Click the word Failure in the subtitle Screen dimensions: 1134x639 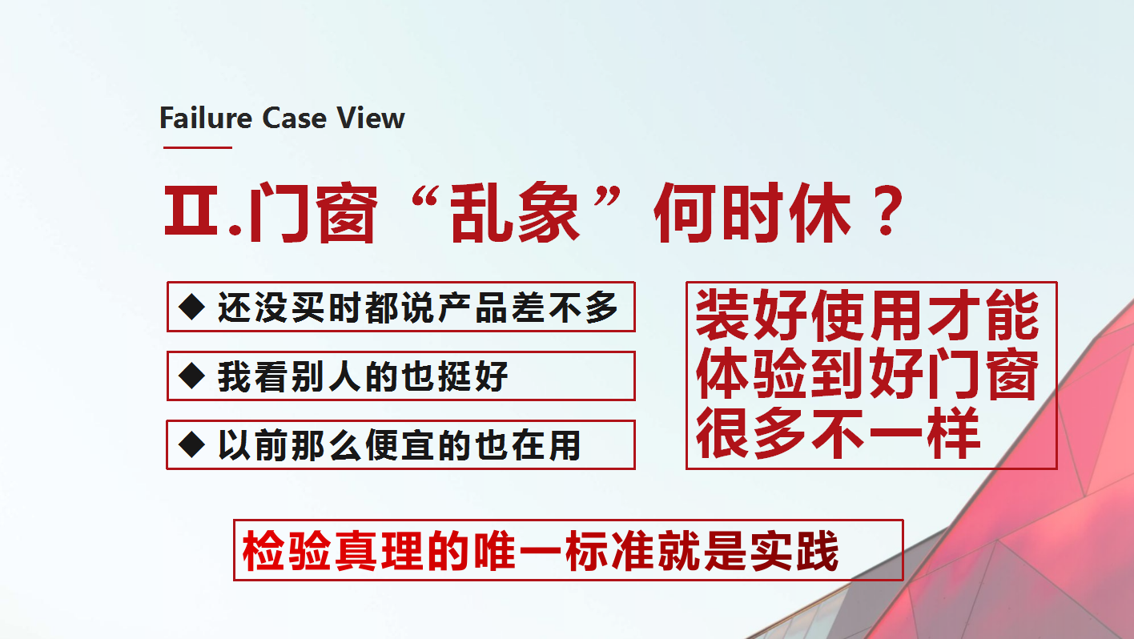(206, 118)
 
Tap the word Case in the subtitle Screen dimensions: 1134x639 (294, 118)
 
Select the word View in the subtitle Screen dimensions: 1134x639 (371, 118)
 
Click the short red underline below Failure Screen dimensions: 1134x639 (198, 147)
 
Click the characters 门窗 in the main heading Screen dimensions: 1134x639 (312, 213)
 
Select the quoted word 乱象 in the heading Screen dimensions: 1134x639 (515, 213)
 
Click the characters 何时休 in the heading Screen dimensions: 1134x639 (752, 213)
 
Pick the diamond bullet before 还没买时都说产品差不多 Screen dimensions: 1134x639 (192, 307)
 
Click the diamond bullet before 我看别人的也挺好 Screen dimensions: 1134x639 (192, 376)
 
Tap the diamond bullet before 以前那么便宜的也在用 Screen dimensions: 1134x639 (192, 445)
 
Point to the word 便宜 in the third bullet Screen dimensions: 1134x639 (399, 445)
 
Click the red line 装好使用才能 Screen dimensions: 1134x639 (867, 315)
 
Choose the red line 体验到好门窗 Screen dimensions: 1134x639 (867, 374)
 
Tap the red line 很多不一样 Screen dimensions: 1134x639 (838, 432)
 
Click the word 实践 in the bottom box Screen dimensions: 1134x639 (794, 551)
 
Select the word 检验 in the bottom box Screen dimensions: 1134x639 (287, 551)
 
